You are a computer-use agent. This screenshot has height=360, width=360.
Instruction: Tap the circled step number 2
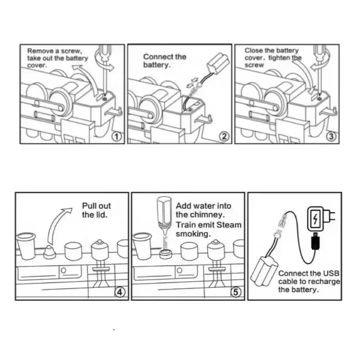coord(224,137)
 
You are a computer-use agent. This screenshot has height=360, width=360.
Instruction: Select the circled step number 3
coord(331,137)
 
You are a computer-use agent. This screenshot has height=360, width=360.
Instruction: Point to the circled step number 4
coord(119,292)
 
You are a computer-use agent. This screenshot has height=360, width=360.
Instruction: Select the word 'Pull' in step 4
coord(90,206)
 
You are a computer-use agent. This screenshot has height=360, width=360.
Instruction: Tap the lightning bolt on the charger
coord(316,217)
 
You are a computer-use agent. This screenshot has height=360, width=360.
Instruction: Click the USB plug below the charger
coord(316,241)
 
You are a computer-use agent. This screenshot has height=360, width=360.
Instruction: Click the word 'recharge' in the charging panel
coord(324,281)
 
